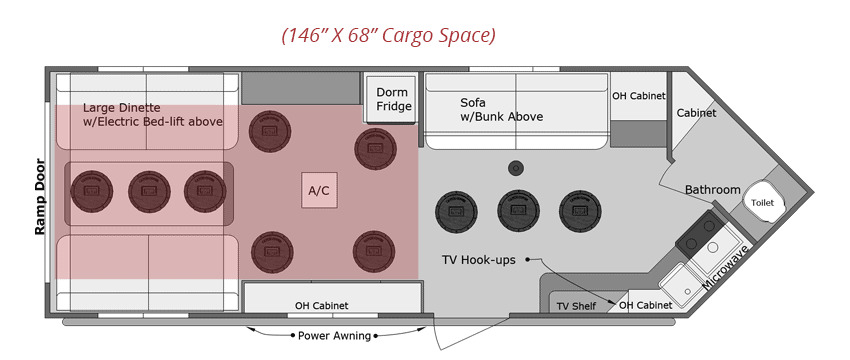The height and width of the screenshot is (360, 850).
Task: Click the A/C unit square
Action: tap(319, 190)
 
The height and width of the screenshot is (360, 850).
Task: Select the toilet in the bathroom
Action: tap(763, 203)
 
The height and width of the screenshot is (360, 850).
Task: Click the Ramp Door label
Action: tap(40, 196)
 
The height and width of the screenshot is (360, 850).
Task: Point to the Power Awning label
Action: tap(334, 336)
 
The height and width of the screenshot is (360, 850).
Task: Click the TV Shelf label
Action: tap(576, 306)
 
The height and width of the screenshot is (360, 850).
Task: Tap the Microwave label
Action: tap(726, 266)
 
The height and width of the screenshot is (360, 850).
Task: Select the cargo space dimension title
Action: tap(388, 36)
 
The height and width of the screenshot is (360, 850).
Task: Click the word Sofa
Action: tap(473, 102)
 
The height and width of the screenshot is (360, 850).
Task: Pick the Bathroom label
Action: tap(712, 190)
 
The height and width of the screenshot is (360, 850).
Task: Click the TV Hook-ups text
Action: tap(479, 260)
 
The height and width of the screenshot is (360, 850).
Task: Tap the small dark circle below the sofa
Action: tap(516, 168)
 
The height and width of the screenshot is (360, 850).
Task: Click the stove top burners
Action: tap(700, 234)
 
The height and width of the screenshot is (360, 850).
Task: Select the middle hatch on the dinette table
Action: tap(149, 192)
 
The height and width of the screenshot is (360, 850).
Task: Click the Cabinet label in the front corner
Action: tap(697, 113)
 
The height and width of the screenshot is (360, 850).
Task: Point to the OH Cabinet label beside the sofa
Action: tap(638, 96)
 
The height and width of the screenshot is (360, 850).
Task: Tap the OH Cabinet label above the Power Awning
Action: tap(321, 306)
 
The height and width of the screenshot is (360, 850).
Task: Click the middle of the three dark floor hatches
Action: tap(518, 211)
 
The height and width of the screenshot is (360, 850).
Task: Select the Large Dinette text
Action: tap(121, 108)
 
